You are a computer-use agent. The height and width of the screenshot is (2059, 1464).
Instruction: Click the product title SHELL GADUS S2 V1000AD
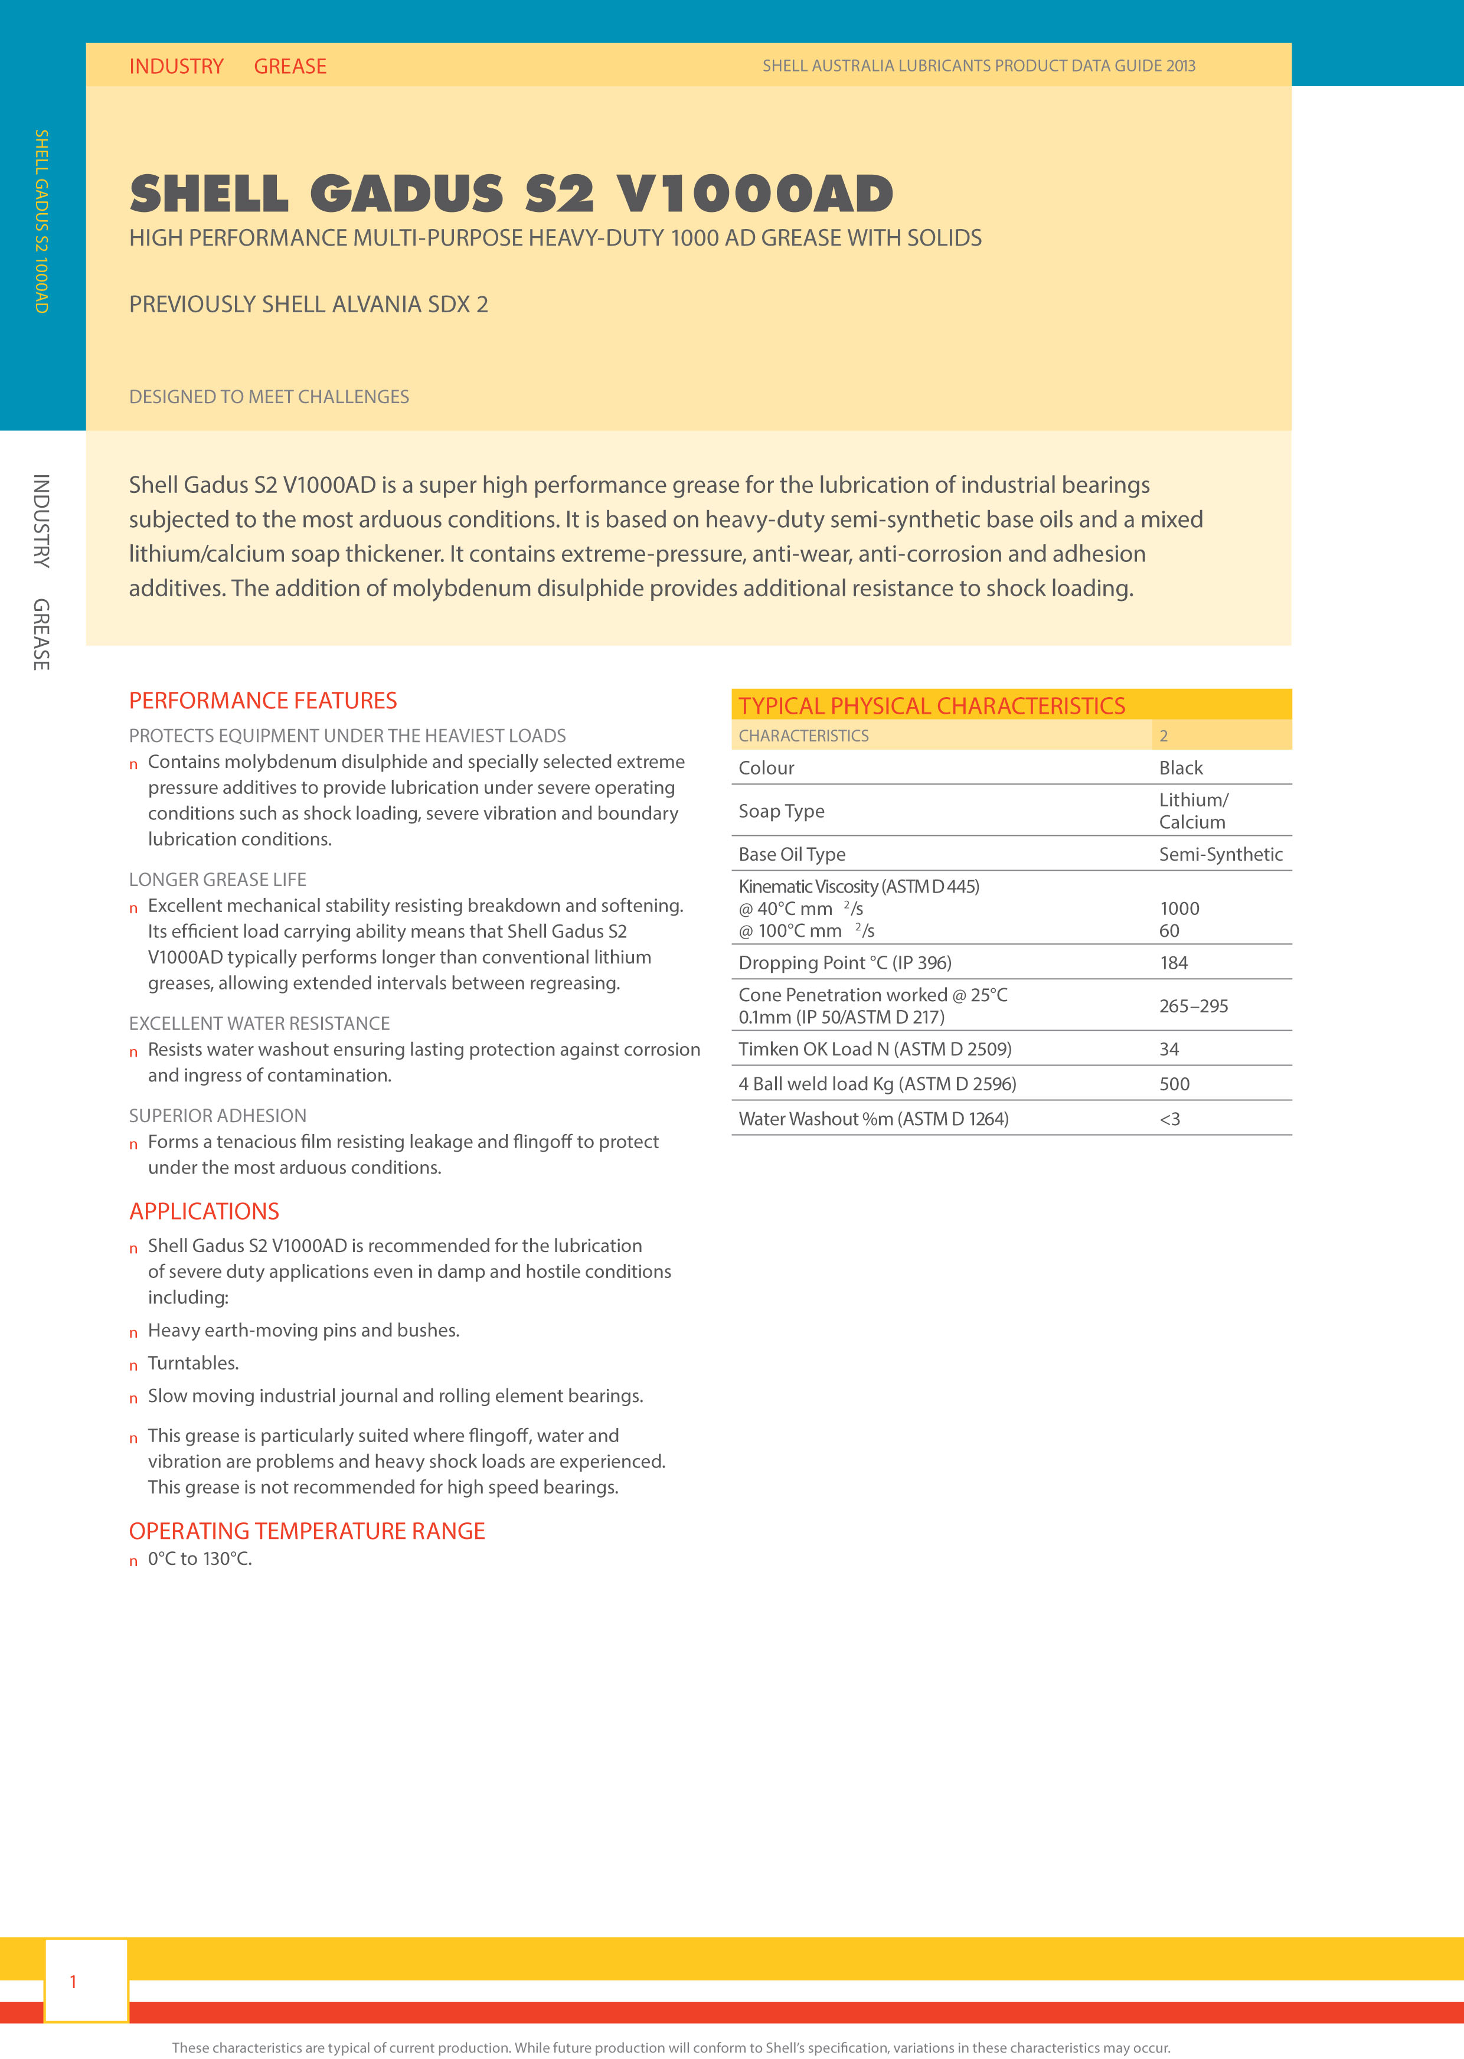click(x=511, y=194)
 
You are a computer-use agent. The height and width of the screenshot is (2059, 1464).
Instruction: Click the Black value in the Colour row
click(x=1180, y=768)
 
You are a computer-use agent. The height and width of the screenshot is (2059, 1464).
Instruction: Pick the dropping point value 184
click(x=1173, y=963)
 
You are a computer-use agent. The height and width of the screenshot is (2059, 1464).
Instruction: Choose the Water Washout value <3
click(x=1169, y=1119)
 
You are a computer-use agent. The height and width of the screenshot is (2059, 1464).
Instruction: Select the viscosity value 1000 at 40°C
click(x=1179, y=908)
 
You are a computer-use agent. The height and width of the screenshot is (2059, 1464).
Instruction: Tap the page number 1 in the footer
click(x=73, y=1982)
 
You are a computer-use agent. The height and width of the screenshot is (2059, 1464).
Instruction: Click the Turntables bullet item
click(x=193, y=1363)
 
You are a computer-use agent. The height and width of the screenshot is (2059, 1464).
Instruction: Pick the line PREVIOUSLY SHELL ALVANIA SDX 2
click(x=308, y=305)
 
